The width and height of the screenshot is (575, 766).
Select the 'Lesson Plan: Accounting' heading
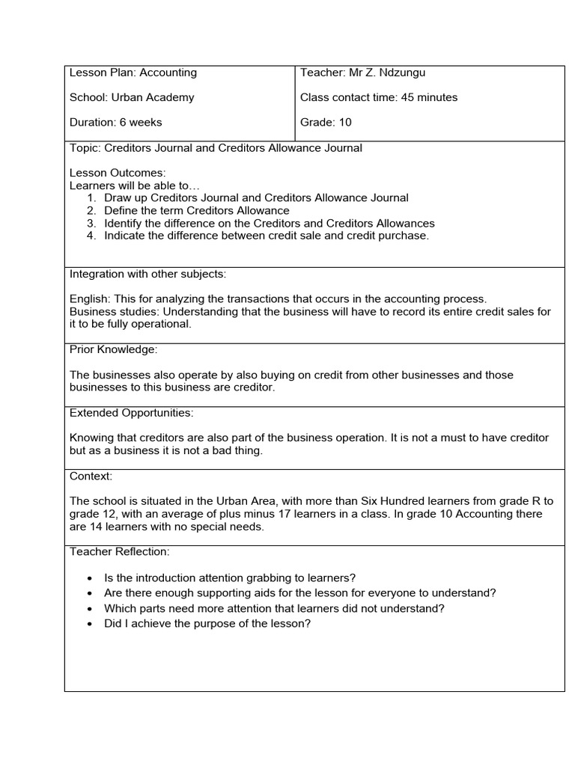click(133, 73)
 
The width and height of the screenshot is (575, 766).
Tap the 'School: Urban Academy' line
click(132, 97)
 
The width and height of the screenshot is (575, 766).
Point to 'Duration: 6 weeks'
click(115, 122)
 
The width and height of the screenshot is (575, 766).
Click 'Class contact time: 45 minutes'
click(379, 97)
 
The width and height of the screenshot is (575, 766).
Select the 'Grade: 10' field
click(326, 122)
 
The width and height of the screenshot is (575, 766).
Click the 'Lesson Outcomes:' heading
click(118, 173)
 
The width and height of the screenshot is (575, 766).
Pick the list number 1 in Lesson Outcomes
click(91, 198)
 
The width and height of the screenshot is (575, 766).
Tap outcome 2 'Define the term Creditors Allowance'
click(196, 211)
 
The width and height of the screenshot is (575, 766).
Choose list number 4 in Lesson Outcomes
click(91, 236)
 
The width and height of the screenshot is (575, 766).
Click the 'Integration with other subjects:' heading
click(147, 274)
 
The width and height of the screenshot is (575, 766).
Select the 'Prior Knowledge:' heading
click(113, 349)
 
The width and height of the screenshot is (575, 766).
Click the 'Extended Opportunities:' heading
click(131, 413)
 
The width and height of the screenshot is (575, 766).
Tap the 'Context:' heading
click(91, 476)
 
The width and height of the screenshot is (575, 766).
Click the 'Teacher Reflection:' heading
click(120, 551)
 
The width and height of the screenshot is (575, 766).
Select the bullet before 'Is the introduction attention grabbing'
click(91, 578)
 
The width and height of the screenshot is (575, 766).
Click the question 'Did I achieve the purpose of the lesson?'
click(207, 624)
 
